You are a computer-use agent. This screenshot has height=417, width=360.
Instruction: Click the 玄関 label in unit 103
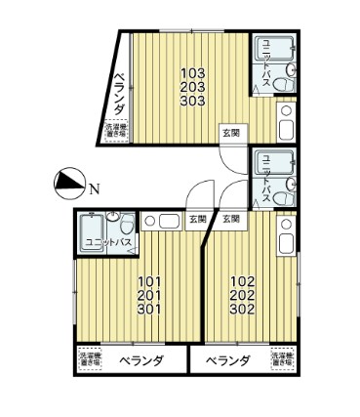pyautogui.click(x=229, y=132)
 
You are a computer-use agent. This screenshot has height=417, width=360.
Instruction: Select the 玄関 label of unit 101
pyautogui.click(x=197, y=219)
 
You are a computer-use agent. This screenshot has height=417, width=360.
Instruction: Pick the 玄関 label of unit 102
pyautogui.click(x=231, y=219)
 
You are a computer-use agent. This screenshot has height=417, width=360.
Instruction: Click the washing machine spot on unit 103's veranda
pyautogui.click(x=117, y=130)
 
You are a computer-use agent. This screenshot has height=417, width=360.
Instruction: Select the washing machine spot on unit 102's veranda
pyautogui.click(x=280, y=360)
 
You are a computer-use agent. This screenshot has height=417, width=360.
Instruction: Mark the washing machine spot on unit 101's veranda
pyautogui.click(x=90, y=360)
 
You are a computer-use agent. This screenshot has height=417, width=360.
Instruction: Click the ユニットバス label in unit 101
pyautogui.click(x=107, y=241)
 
